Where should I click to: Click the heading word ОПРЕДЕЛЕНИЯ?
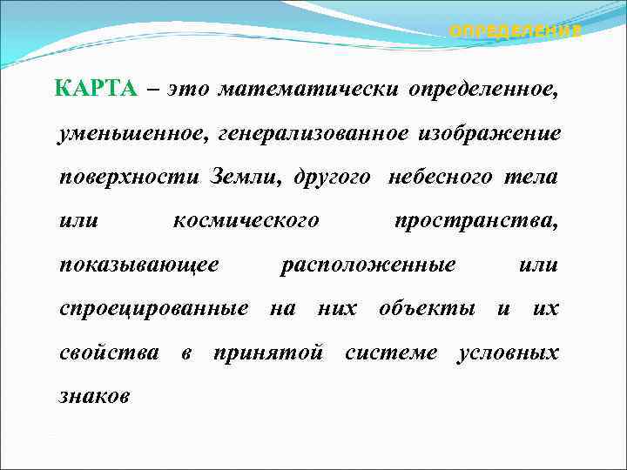click(x=514, y=31)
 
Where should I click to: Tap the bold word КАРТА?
click(x=95, y=89)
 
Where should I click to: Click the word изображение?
click(x=489, y=133)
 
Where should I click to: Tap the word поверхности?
click(x=129, y=177)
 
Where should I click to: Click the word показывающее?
click(x=138, y=265)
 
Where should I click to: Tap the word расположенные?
click(x=367, y=265)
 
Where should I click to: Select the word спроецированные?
click(x=153, y=308)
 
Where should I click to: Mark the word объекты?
click(x=427, y=308)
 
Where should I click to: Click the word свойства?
click(x=109, y=352)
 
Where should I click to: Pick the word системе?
click(x=392, y=352)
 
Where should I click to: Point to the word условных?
click(x=509, y=352)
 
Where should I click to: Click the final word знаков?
click(x=94, y=396)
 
